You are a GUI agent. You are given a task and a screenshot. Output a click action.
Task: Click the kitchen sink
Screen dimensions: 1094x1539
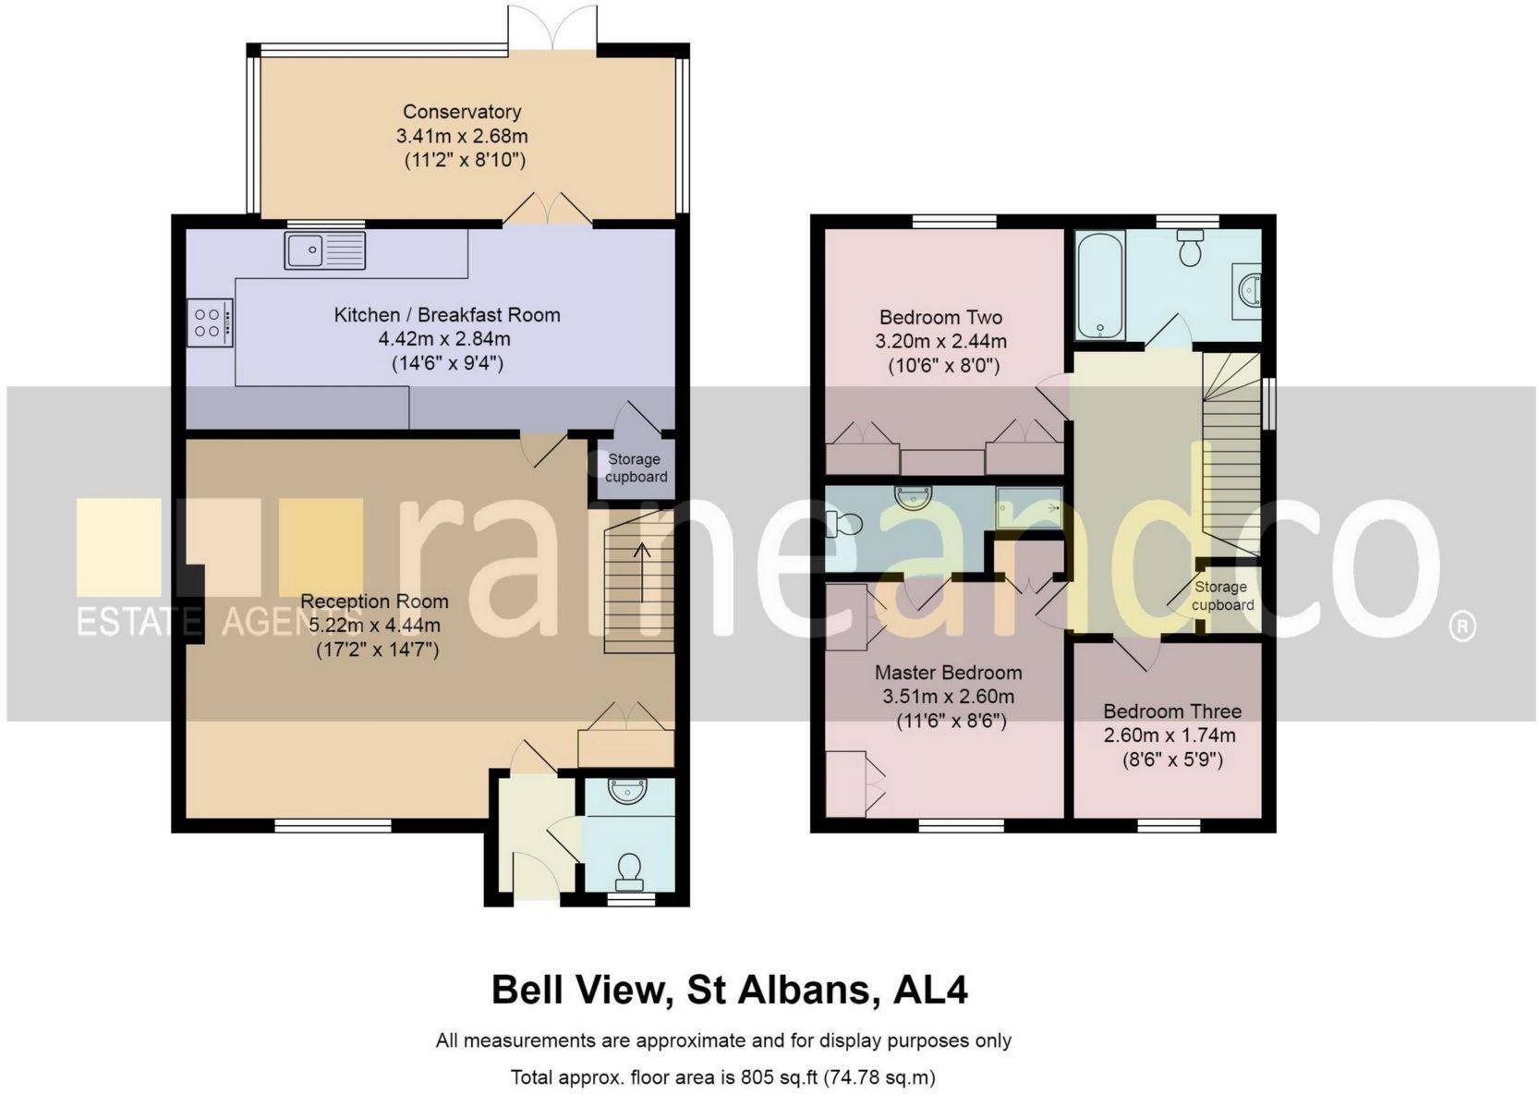[x=324, y=250]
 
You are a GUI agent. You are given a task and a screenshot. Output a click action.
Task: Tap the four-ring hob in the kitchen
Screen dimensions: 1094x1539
[x=209, y=322]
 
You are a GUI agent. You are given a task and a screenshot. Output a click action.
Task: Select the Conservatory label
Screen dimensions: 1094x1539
[x=462, y=112]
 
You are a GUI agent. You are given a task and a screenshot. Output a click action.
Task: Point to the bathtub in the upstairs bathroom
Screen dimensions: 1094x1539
[x=1100, y=286]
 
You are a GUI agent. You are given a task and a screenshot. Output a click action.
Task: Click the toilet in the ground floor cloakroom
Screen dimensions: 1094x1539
[x=629, y=869]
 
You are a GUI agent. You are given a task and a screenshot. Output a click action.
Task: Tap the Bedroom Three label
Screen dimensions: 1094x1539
[x=1171, y=711]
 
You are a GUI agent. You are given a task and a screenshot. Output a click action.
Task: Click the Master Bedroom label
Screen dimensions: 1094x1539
[x=948, y=673]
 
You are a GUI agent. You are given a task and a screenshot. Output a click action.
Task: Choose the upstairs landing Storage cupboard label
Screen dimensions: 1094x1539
[x=1221, y=596]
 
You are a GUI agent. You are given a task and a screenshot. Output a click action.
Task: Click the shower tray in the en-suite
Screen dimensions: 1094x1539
[x=1028, y=507]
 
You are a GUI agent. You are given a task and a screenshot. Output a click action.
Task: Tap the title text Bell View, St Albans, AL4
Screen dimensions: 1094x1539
[x=729, y=991]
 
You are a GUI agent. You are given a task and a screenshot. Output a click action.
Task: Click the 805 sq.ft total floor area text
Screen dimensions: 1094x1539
[x=723, y=1077]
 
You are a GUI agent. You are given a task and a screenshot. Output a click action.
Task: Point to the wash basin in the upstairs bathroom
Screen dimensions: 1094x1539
[x=1249, y=289]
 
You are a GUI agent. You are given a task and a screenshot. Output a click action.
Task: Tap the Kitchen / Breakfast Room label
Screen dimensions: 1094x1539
[x=447, y=315]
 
